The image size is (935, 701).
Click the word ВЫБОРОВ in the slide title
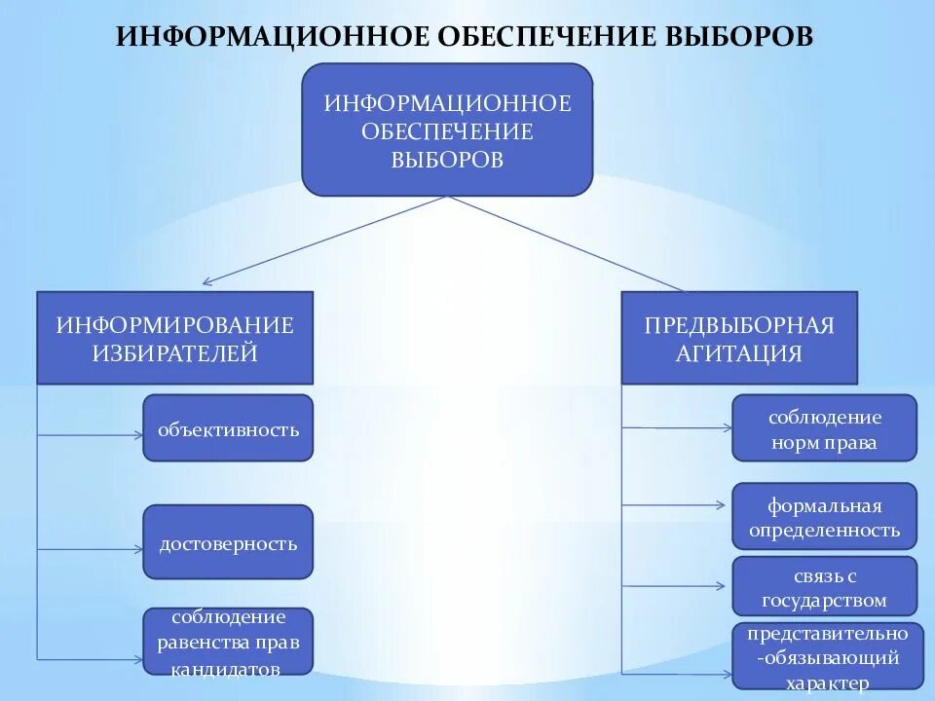pyautogui.click(x=737, y=36)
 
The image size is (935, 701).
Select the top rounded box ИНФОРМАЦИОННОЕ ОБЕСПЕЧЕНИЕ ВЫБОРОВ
pyautogui.click(x=447, y=130)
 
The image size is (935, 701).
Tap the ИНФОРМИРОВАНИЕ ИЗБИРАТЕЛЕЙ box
pyautogui.click(x=175, y=338)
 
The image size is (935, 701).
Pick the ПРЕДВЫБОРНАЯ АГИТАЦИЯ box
pyautogui.click(x=739, y=338)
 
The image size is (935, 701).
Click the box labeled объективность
pyautogui.click(x=228, y=427)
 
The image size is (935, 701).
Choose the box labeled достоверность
pyautogui.click(x=228, y=542)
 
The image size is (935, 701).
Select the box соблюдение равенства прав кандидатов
pyautogui.click(x=228, y=642)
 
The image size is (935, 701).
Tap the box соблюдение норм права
pyautogui.click(x=824, y=428)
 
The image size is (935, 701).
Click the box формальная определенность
pyautogui.click(x=824, y=517)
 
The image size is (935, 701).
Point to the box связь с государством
pyautogui.click(x=824, y=586)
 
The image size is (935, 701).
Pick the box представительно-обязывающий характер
pyautogui.click(x=827, y=658)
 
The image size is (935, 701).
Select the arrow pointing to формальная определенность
pyautogui.click(x=676, y=504)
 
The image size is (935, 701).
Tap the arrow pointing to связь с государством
pyautogui.click(x=676, y=586)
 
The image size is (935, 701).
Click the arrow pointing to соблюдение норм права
pyautogui.click(x=676, y=426)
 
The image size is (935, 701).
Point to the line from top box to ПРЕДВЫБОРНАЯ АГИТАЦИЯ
pyautogui.click(x=565, y=243)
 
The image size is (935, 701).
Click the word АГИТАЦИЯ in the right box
pyautogui.click(x=739, y=352)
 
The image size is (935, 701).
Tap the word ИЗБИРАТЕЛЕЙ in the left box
pyautogui.click(x=175, y=352)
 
